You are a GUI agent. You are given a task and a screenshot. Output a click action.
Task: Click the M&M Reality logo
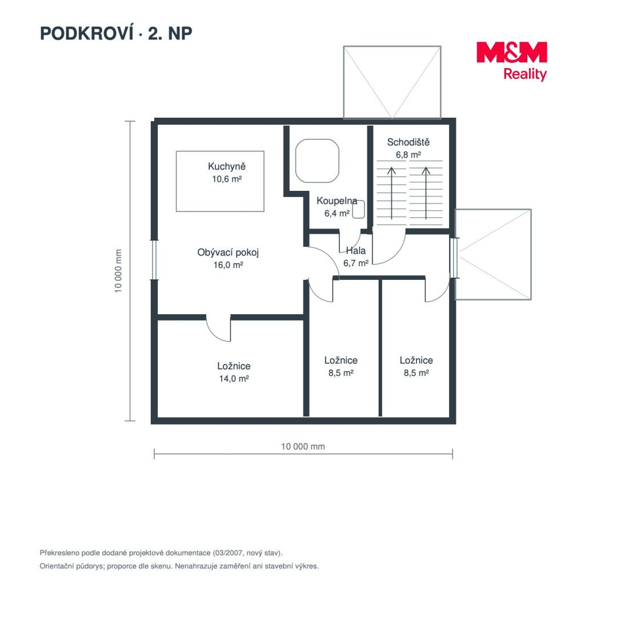[511, 61]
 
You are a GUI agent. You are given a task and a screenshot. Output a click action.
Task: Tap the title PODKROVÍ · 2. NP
[116, 34]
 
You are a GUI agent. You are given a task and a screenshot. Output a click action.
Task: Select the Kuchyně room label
[227, 166]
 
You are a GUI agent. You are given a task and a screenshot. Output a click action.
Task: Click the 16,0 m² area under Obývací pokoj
[228, 265]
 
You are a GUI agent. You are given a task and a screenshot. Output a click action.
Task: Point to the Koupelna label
[337, 201]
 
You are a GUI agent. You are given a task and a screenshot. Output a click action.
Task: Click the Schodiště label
[408, 142]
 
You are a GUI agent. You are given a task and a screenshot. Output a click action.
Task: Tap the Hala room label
[356, 251]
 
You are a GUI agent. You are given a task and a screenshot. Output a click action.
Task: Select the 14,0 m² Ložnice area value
[234, 379]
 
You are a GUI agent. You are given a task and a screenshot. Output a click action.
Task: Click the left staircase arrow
[391, 193]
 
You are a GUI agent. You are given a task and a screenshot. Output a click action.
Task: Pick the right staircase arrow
[426, 193]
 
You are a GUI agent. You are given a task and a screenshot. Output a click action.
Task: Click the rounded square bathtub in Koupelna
[317, 161]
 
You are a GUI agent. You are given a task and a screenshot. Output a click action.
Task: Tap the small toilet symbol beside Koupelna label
[358, 209]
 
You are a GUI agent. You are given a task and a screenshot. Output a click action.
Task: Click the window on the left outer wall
[154, 260]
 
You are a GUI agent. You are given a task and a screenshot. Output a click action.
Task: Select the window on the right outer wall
[454, 258]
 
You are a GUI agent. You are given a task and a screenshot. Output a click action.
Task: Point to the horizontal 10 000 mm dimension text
[303, 447]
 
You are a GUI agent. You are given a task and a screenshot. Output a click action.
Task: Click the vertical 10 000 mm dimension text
[118, 271]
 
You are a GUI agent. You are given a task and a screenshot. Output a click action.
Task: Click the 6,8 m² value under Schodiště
[408, 155]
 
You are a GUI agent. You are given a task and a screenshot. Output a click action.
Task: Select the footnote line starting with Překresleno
[161, 553]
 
